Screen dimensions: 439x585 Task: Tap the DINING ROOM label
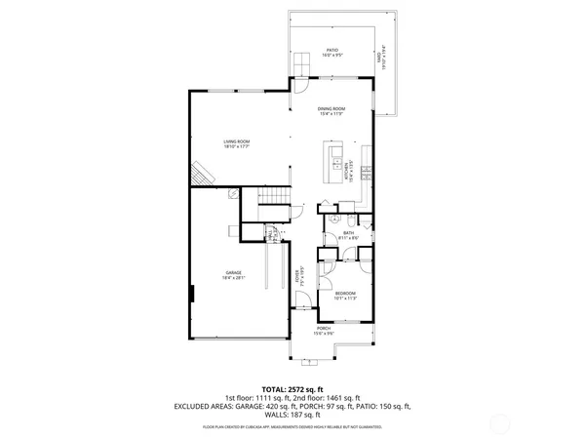tap(332, 110)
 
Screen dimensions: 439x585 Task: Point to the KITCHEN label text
tap(346, 172)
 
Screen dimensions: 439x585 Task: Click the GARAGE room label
tap(234, 274)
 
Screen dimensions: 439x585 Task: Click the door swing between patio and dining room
tap(300, 68)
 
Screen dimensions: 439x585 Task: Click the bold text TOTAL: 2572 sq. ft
tap(292, 388)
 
